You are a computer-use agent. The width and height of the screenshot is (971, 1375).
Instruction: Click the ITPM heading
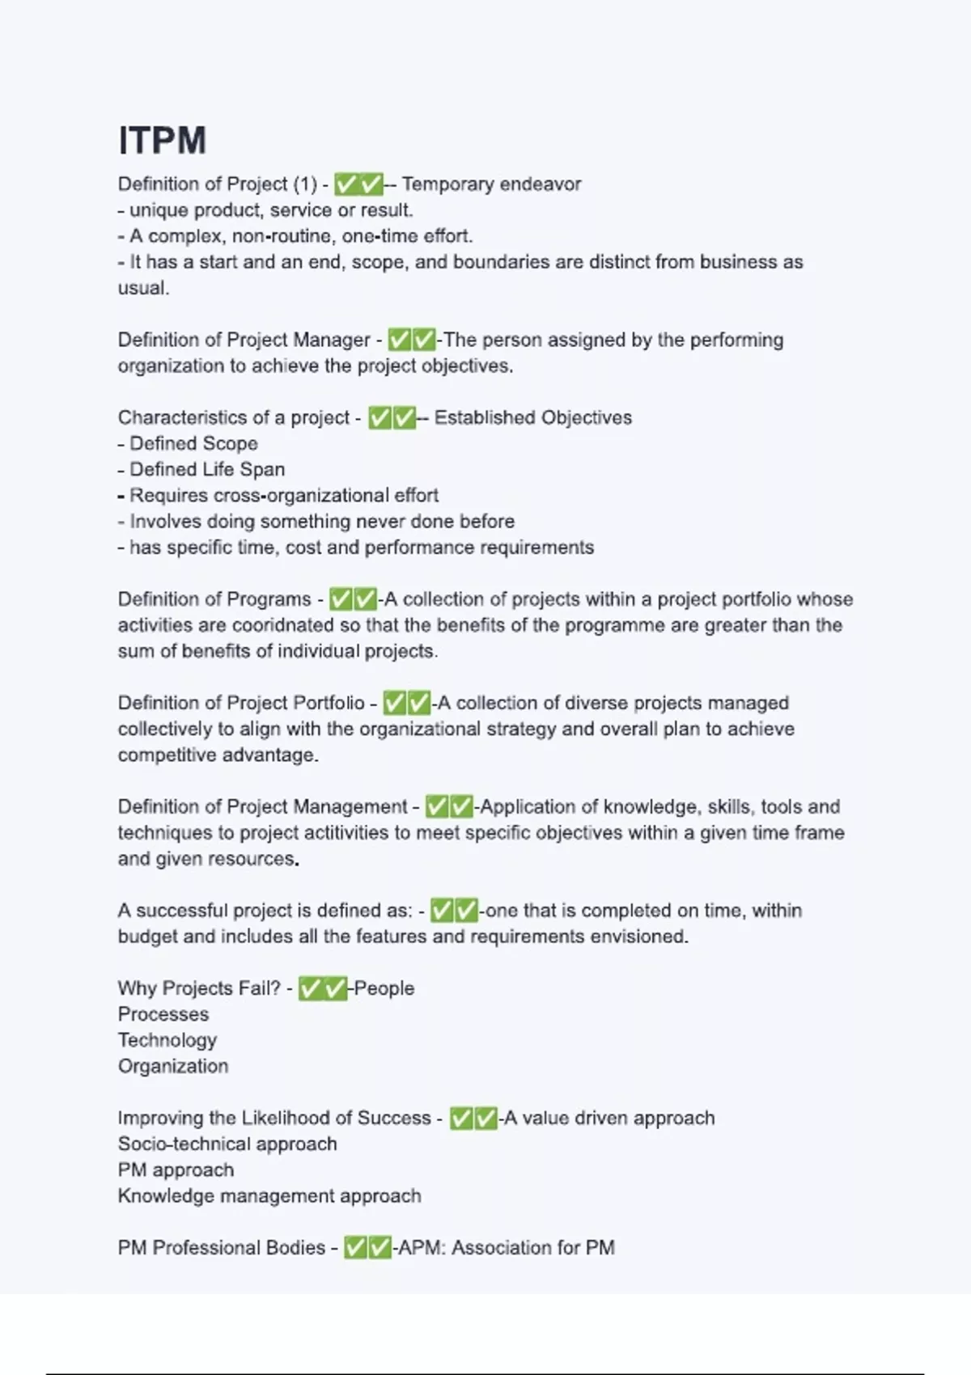(162, 140)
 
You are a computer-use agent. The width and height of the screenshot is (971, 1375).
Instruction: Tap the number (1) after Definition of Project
(305, 184)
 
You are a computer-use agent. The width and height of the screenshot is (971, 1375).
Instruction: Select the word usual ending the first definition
(142, 288)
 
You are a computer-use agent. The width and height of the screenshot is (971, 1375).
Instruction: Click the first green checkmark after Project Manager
(399, 340)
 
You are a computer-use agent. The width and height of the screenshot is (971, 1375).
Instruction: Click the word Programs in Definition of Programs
(271, 599)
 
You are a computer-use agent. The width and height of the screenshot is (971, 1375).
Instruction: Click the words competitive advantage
(218, 755)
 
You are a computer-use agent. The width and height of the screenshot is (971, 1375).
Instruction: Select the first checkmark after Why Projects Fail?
(310, 988)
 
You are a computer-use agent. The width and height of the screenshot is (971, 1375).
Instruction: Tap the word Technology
(167, 1040)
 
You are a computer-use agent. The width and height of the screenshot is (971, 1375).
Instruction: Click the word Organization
(173, 1066)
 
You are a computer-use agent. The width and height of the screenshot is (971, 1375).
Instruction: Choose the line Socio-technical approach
(227, 1144)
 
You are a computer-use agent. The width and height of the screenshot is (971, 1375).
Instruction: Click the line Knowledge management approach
(269, 1195)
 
